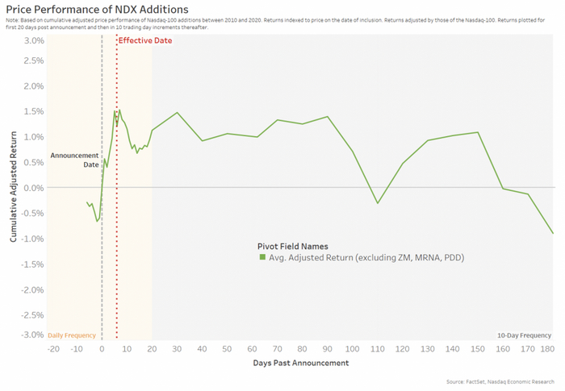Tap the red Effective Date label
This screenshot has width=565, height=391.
145,40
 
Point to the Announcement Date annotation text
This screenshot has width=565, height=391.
74,159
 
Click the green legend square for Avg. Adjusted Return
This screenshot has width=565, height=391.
262,257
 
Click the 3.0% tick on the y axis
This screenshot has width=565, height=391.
33,40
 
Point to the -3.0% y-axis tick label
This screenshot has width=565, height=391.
31,335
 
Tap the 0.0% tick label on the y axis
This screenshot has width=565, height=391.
33,187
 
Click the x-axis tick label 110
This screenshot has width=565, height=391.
377,349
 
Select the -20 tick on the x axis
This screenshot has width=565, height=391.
53,349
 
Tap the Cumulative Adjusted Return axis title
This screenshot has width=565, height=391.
14,187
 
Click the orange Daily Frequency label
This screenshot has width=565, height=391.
72,335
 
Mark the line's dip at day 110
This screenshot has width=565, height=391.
377,203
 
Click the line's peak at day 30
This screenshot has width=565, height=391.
177,113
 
